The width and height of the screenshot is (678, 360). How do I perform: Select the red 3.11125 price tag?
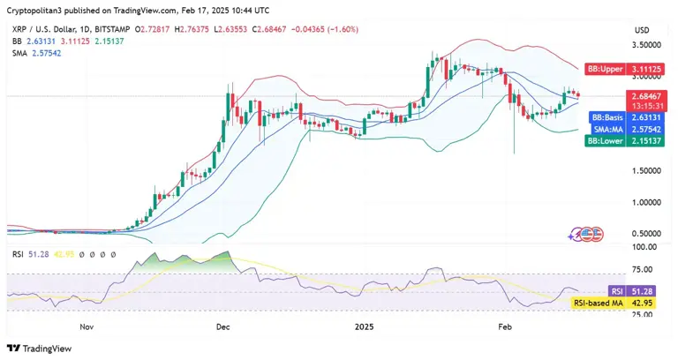point(646,67)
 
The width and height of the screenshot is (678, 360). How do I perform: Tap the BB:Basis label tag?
point(606,116)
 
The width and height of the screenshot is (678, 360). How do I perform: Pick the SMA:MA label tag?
point(606,129)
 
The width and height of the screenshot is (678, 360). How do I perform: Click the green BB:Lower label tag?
point(605,141)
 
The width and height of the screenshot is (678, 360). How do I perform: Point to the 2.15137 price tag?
point(646,141)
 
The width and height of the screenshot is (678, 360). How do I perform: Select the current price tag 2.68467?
point(646,94)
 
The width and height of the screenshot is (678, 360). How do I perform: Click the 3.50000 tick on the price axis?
point(645,44)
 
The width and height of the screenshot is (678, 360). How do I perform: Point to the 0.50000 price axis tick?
point(645,233)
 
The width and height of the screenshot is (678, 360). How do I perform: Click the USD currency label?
point(641,30)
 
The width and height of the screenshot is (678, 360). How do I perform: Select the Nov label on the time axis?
point(86,326)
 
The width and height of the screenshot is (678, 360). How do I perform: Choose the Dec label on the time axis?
point(222,326)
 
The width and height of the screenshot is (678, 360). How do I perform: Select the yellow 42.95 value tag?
point(646,303)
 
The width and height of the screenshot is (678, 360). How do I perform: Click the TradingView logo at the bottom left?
point(40,348)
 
